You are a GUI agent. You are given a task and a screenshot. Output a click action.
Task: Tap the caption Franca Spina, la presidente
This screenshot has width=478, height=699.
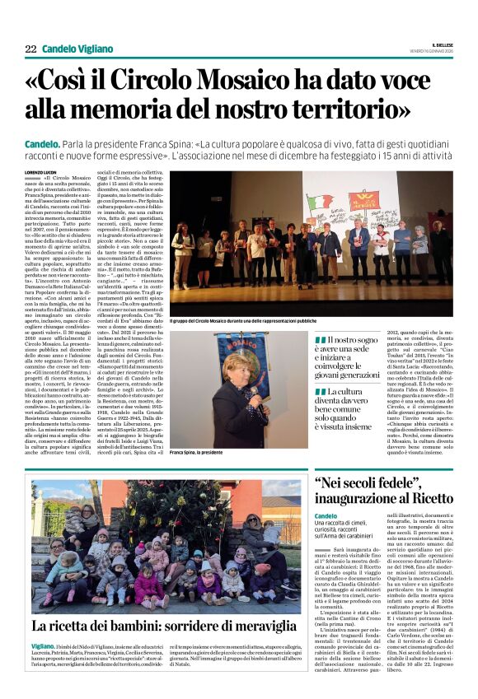(x=198, y=452)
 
